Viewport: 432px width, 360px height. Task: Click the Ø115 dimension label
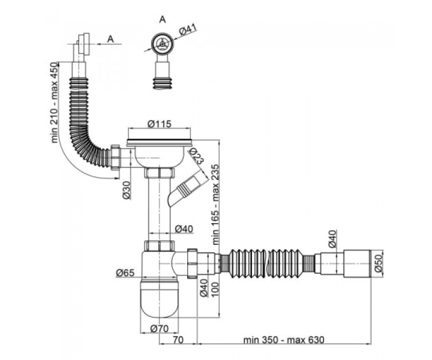tap(160, 124)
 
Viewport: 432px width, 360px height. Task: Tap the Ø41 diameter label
tap(188, 30)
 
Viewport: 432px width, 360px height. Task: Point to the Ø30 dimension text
tap(126, 190)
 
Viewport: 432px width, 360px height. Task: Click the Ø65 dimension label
tap(125, 272)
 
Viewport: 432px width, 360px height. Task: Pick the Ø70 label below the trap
tap(160, 328)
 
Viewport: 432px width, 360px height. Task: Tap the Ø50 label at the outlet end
tap(379, 263)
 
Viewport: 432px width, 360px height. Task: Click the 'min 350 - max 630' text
tap(284, 340)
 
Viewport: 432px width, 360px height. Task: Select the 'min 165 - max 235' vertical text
tap(216, 204)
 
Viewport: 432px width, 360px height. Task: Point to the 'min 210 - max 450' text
tap(55, 102)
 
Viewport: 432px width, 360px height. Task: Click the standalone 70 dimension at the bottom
tap(178, 340)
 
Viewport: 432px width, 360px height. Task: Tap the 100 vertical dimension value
tap(216, 289)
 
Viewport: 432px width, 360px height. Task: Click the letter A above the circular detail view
tap(162, 19)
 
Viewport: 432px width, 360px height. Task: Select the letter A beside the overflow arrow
tap(110, 39)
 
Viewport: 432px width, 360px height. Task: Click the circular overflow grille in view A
tap(162, 44)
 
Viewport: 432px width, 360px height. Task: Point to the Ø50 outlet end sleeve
tap(357, 263)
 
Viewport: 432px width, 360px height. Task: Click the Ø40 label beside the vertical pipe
tap(184, 229)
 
